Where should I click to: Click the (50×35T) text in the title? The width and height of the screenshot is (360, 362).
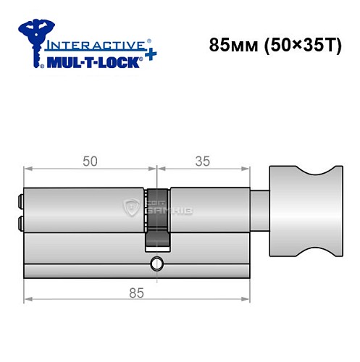click(298, 46)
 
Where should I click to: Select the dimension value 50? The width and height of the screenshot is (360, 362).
click(90, 161)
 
